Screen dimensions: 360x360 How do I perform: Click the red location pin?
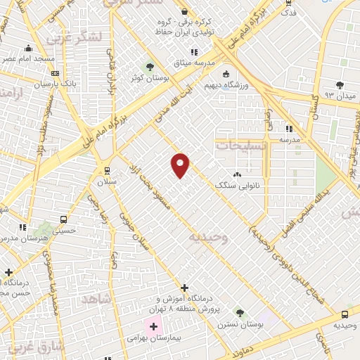click(x=180, y=165)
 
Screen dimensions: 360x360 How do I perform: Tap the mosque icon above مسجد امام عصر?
click(x=28, y=49)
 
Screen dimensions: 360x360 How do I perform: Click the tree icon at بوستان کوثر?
click(x=149, y=66)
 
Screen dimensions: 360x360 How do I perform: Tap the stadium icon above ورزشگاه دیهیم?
click(x=226, y=74)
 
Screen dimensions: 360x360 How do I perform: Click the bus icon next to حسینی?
click(x=64, y=219)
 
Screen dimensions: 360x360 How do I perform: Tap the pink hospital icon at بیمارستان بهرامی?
click(x=153, y=326)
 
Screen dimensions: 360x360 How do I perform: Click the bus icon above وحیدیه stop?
click(x=345, y=314)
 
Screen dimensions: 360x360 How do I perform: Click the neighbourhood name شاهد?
click(x=96, y=298)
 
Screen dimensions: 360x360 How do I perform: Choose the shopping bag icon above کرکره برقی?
click(x=184, y=12)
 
